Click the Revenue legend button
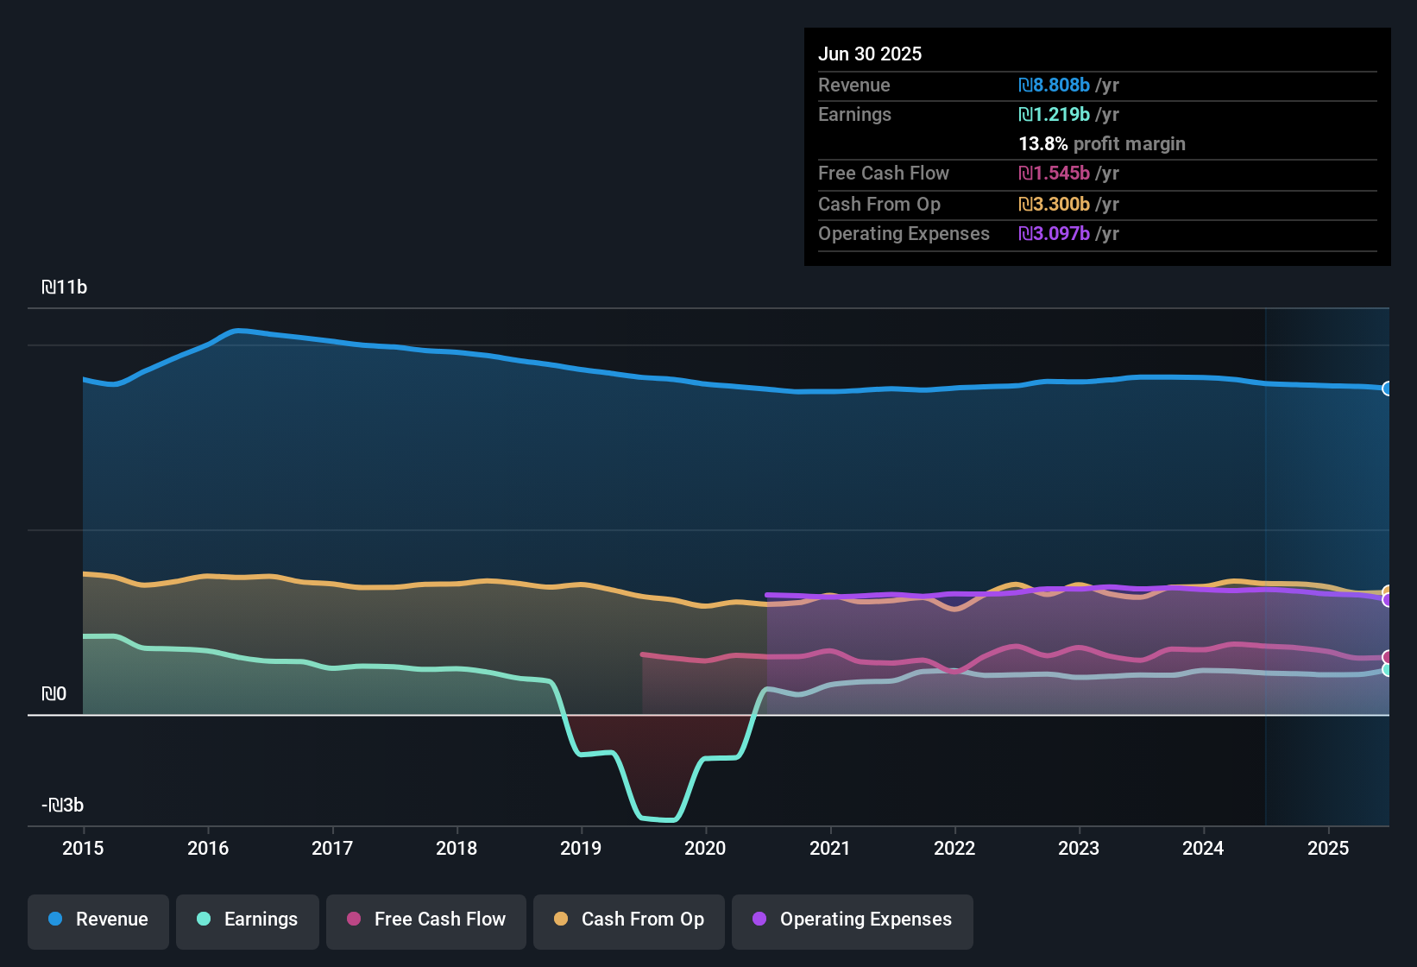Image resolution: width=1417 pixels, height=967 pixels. click(x=98, y=920)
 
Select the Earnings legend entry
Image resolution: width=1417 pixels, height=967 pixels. click(x=247, y=920)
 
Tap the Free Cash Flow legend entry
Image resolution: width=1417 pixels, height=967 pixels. click(x=426, y=920)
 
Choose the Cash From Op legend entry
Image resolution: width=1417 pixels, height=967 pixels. click(x=629, y=920)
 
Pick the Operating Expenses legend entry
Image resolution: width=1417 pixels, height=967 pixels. click(x=852, y=920)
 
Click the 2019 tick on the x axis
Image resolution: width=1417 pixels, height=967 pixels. click(x=581, y=848)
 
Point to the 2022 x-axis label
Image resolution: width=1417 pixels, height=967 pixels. click(x=954, y=848)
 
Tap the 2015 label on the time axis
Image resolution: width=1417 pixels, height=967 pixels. click(x=83, y=848)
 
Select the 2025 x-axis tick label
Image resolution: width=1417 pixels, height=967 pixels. click(x=1327, y=848)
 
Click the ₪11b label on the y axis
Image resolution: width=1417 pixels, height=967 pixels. click(x=65, y=288)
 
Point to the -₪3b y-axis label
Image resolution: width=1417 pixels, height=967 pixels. click(x=63, y=806)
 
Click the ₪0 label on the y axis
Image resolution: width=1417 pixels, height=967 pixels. click(x=54, y=694)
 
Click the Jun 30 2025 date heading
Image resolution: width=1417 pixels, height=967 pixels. click(x=870, y=54)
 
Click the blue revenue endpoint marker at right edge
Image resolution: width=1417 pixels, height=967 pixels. click(x=1388, y=389)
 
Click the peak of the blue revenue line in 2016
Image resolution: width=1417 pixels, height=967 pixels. click(x=237, y=330)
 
